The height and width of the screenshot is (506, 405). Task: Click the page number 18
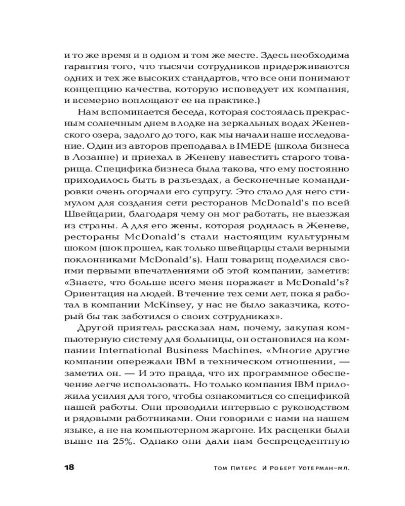click(x=66, y=467)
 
